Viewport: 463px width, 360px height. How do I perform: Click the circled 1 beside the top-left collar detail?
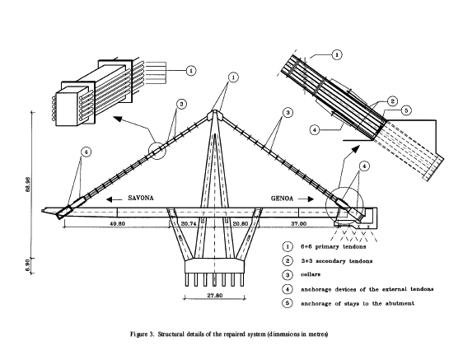tap(192, 70)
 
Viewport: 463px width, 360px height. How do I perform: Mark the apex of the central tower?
tap(216, 114)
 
